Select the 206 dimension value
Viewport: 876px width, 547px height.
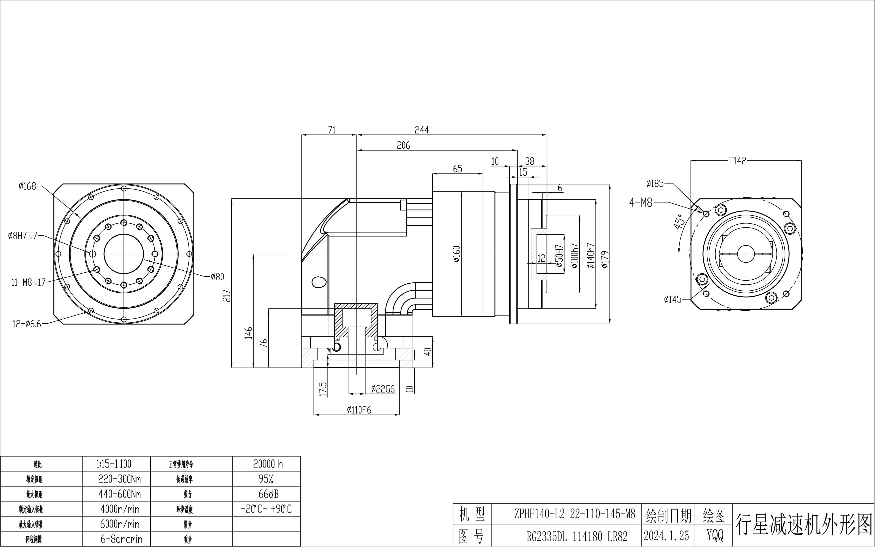403,145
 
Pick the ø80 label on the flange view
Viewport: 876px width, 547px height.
217,277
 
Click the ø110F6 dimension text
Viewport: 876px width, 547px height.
359,410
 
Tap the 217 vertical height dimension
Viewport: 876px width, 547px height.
227,296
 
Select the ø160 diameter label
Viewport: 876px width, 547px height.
457,254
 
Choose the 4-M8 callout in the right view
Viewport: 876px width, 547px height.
641,203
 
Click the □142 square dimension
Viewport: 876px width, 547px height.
738,161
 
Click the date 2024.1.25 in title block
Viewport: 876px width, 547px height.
666,536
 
